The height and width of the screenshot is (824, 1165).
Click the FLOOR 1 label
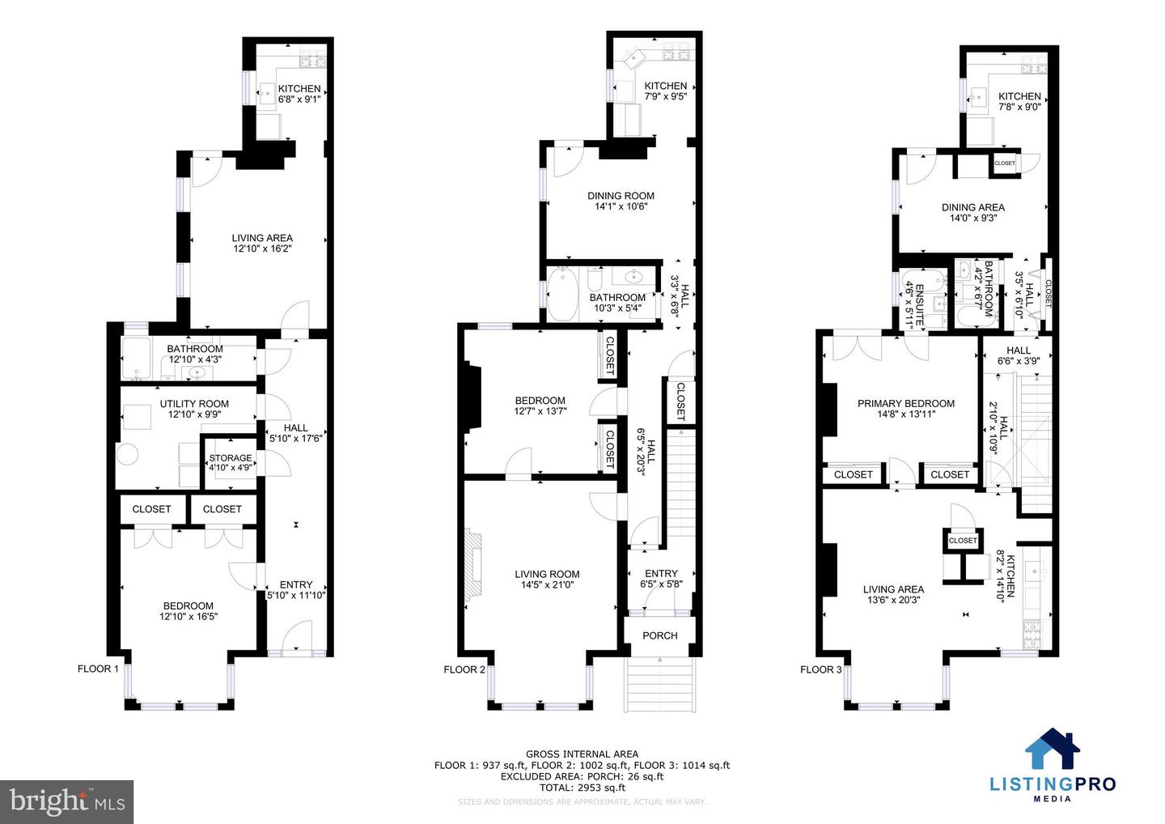pyautogui.click(x=98, y=669)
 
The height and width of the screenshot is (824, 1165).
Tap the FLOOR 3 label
pyautogui.click(x=821, y=669)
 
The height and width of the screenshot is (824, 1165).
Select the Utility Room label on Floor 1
pyautogui.click(x=194, y=404)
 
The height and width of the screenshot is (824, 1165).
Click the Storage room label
pyautogui.click(x=231, y=458)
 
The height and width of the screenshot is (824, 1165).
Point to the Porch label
pyautogui.click(x=660, y=635)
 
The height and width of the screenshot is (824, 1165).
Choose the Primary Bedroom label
pyautogui.click(x=906, y=403)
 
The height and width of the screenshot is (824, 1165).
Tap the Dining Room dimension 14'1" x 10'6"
pyautogui.click(x=621, y=206)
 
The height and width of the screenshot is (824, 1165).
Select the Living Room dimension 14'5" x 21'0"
pyautogui.click(x=547, y=584)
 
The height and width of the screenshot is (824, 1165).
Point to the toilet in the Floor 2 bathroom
pyautogui.click(x=595, y=280)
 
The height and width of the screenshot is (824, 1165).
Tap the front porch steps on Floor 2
pyautogui.click(x=660, y=684)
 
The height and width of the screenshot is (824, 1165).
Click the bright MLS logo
pyautogui.click(x=66, y=801)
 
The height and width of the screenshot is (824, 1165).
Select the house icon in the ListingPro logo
pyautogui.click(x=1053, y=750)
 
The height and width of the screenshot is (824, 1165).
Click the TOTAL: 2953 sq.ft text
pyautogui.click(x=582, y=787)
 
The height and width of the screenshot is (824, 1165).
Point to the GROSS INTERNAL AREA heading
pyautogui.click(x=582, y=754)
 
